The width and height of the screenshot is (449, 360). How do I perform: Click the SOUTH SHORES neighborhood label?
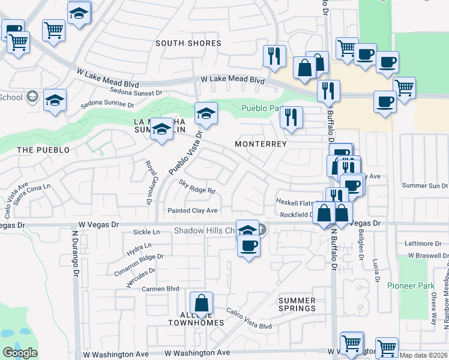point(188,43)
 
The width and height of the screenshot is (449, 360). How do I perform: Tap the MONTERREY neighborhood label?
point(261,145)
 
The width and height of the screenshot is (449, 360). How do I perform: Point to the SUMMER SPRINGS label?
point(297,304)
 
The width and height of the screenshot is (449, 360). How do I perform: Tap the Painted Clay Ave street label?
point(192,211)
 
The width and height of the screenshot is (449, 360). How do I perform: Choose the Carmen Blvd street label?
point(161,289)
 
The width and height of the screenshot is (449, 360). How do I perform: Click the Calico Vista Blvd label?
point(249,319)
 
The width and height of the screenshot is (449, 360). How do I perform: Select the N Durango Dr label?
point(76,258)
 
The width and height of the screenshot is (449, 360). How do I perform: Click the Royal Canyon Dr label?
point(148,182)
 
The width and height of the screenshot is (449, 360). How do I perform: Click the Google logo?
point(20,353)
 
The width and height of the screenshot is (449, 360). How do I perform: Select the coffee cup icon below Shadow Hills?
point(249,245)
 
